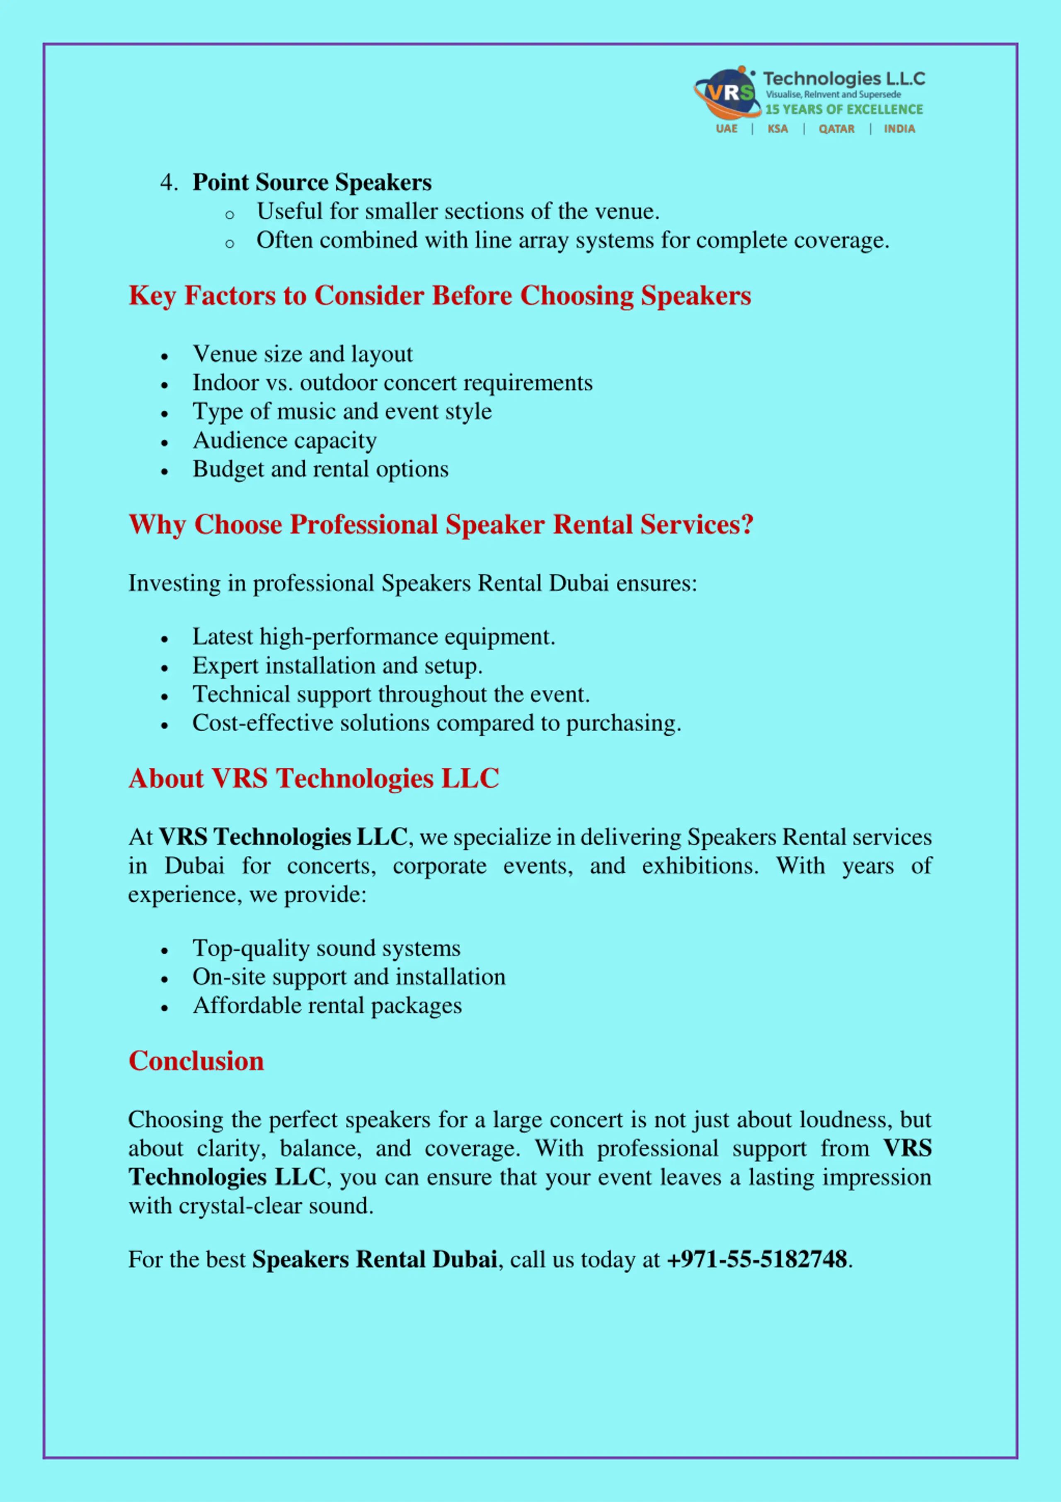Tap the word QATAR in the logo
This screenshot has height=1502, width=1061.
[x=836, y=129]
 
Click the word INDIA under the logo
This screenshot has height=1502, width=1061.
[x=899, y=129]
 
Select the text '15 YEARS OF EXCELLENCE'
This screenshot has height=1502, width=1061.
[x=844, y=109]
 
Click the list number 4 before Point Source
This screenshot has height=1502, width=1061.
[x=167, y=183]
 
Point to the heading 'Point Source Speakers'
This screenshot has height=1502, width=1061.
[x=312, y=183]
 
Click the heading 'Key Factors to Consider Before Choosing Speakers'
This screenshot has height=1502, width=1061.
[x=439, y=296]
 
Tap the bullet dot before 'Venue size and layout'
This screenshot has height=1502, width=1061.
[x=165, y=357]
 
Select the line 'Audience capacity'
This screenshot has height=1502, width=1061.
[x=284, y=441]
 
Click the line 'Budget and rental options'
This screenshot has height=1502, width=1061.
[x=320, y=470]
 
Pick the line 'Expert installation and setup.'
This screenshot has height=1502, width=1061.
[x=337, y=666]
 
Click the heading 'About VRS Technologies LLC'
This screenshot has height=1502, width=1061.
[x=314, y=779]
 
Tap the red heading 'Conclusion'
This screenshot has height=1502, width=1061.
[x=196, y=1061]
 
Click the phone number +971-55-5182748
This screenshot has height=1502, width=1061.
[x=756, y=1260]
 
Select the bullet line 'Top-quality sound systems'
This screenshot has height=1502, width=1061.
[x=326, y=949]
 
